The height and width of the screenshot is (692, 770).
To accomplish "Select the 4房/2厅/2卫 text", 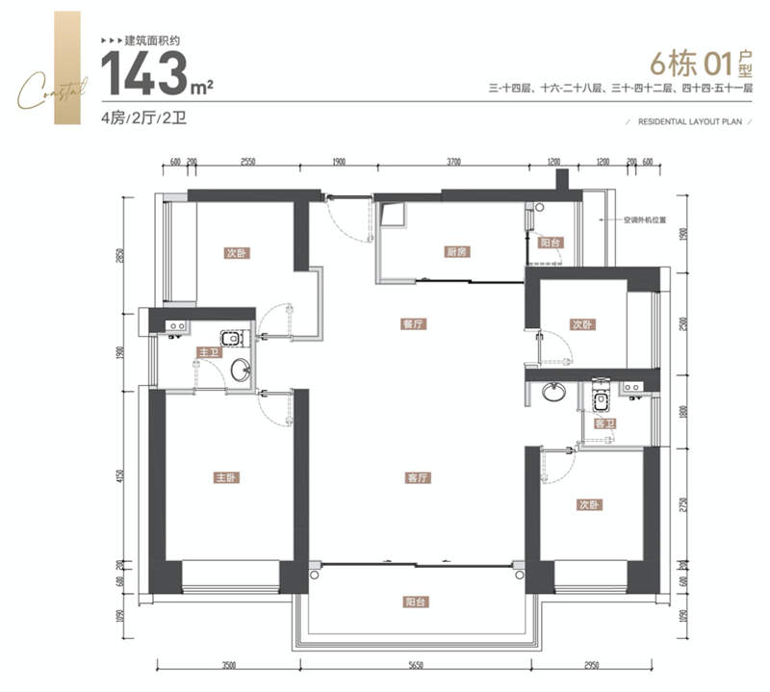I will [142, 119].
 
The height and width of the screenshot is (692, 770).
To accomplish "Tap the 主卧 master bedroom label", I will [225, 477].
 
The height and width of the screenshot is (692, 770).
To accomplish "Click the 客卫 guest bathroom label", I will [604, 423].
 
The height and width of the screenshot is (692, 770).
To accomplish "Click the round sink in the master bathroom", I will [241, 370].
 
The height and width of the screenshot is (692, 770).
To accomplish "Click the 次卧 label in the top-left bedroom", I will [237, 254].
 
